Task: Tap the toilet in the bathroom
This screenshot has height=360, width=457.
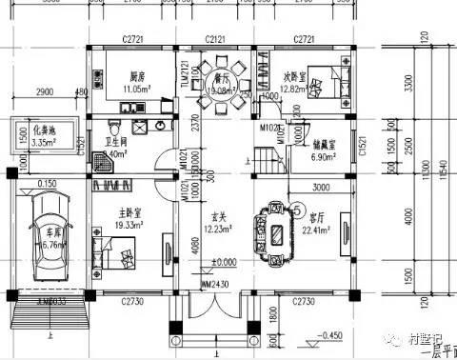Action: pyautogui.click(x=113, y=129)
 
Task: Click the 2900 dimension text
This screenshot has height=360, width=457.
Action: pyautogui.click(x=43, y=92)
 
